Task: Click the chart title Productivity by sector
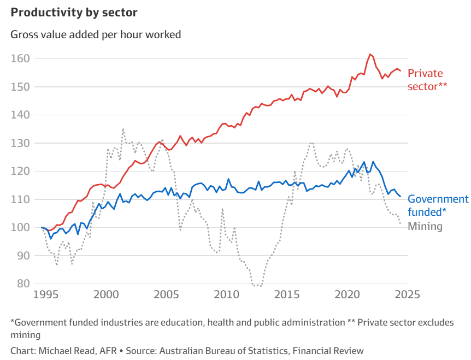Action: point(74,12)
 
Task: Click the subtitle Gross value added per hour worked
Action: point(96,34)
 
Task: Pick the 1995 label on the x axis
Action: point(46,295)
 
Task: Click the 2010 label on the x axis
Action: point(225,295)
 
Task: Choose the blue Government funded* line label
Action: point(438,205)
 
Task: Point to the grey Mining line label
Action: point(425,226)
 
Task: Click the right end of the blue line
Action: point(401,197)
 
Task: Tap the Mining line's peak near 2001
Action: point(123,129)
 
